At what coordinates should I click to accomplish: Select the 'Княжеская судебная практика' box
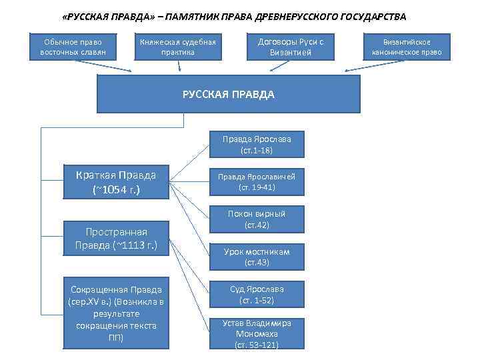[x=178, y=47]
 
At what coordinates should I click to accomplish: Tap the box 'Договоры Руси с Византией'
[x=290, y=47]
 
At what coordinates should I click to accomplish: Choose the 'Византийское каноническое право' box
[x=407, y=47]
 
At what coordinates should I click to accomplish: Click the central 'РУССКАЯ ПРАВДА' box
[x=229, y=94]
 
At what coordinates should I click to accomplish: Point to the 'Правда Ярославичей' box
[x=257, y=181]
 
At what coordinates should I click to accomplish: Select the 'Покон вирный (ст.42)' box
[x=257, y=219]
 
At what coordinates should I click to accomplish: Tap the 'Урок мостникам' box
[x=257, y=257]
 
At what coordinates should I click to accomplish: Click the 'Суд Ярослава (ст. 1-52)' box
[x=257, y=295]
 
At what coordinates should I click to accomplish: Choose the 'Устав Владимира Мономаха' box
[x=257, y=333]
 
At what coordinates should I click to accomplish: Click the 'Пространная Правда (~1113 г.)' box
[x=116, y=238]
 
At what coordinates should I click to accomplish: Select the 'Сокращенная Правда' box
[x=116, y=313]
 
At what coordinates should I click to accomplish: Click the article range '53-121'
[x=262, y=345]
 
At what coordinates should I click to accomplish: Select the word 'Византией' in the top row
[x=291, y=52]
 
